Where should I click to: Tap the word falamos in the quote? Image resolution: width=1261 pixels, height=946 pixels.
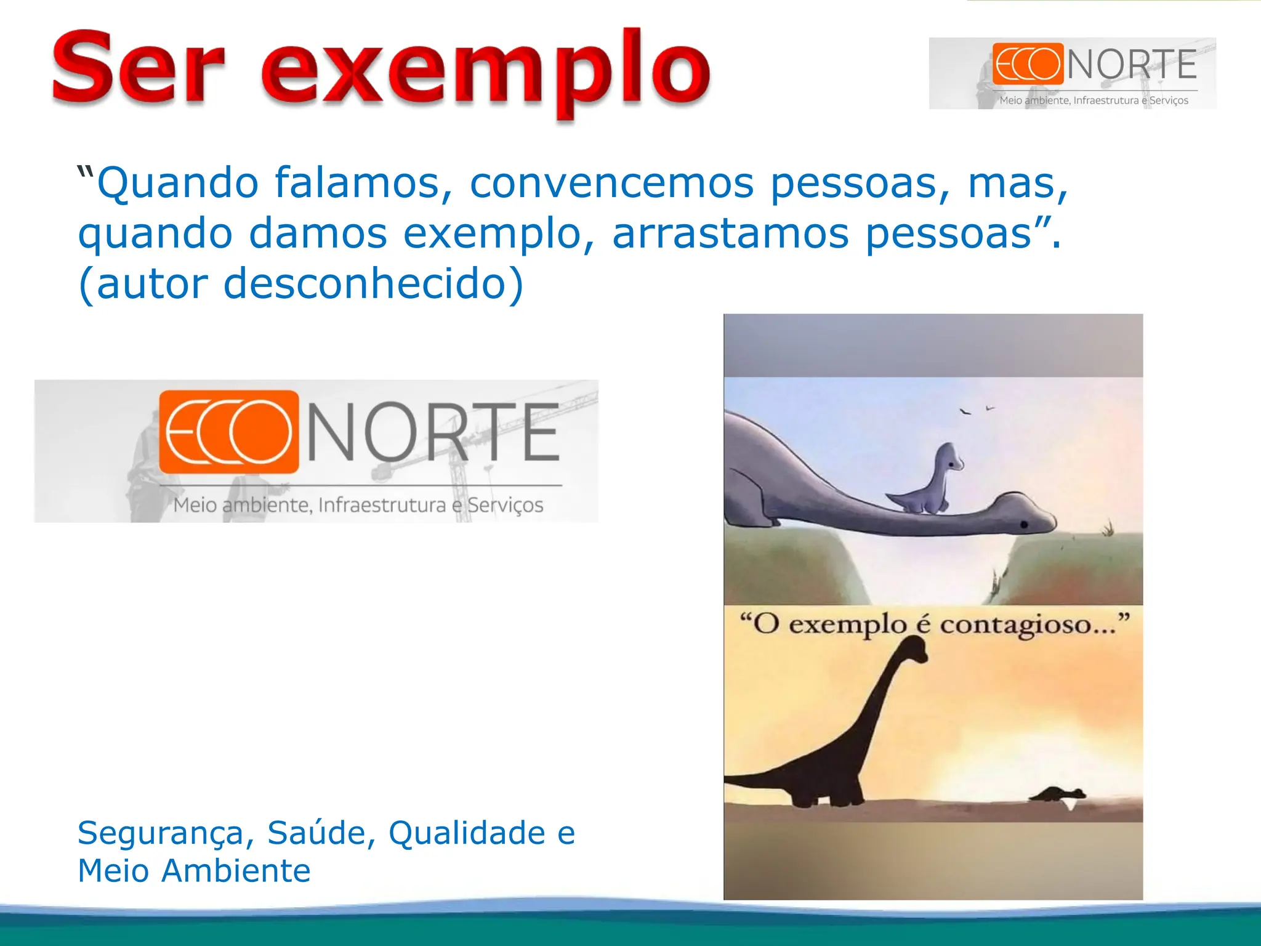tap(364, 183)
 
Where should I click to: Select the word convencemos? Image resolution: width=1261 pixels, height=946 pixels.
tap(611, 183)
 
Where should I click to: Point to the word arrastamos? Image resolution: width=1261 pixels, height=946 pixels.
tap(730, 233)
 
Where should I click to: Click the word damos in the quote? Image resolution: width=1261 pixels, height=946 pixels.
tap(318, 233)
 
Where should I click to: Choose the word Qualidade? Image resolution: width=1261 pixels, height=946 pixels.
tap(467, 833)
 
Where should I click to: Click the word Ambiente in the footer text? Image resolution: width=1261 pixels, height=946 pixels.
tap(236, 871)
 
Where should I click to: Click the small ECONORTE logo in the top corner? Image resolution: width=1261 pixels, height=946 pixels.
tap(1073, 73)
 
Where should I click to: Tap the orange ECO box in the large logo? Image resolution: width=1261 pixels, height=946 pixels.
tap(228, 432)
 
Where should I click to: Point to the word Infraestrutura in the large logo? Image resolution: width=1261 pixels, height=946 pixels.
tap(382, 506)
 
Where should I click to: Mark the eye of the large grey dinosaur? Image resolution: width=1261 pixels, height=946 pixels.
tap(1024, 524)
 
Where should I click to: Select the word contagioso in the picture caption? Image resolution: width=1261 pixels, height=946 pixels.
tap(1027, 625)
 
